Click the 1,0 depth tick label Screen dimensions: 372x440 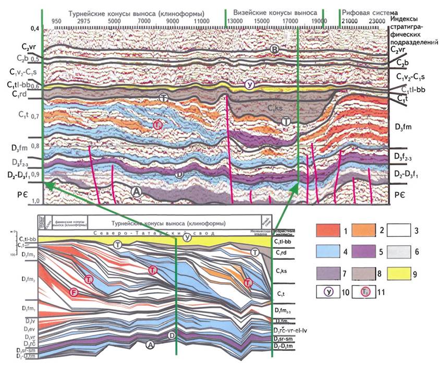tap(35, 201)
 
